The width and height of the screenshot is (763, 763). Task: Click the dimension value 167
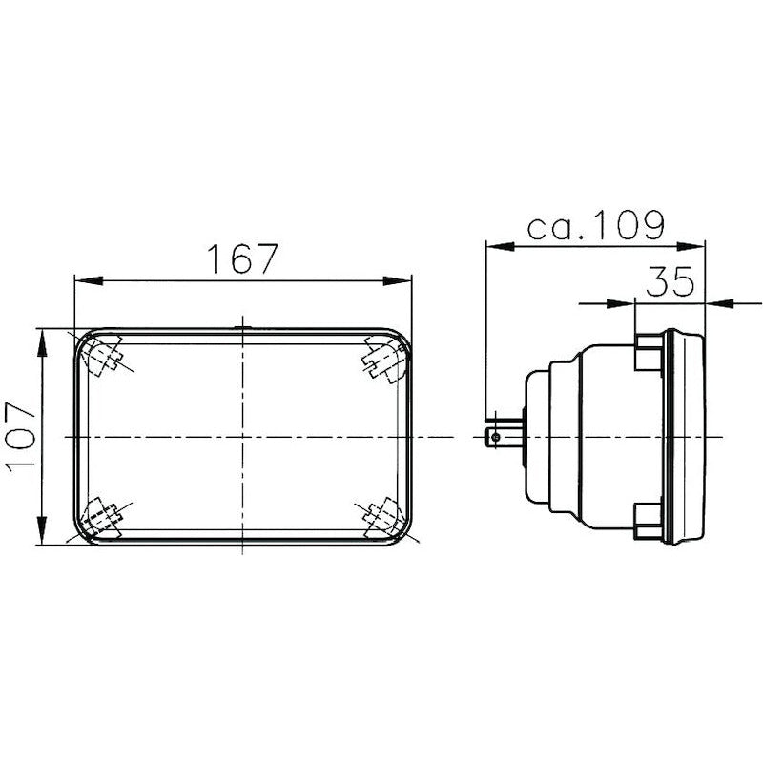pos(243,258)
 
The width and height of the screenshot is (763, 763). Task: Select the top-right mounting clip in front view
pos(383,357)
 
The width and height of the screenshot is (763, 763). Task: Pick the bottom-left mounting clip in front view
pos(103,518)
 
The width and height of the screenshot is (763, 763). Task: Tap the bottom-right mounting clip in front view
pos(383,518)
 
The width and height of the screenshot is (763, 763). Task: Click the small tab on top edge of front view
pos(243,330)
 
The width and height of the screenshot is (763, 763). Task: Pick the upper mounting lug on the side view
pos(649,353)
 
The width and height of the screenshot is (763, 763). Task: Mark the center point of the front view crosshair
pos(243,437)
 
